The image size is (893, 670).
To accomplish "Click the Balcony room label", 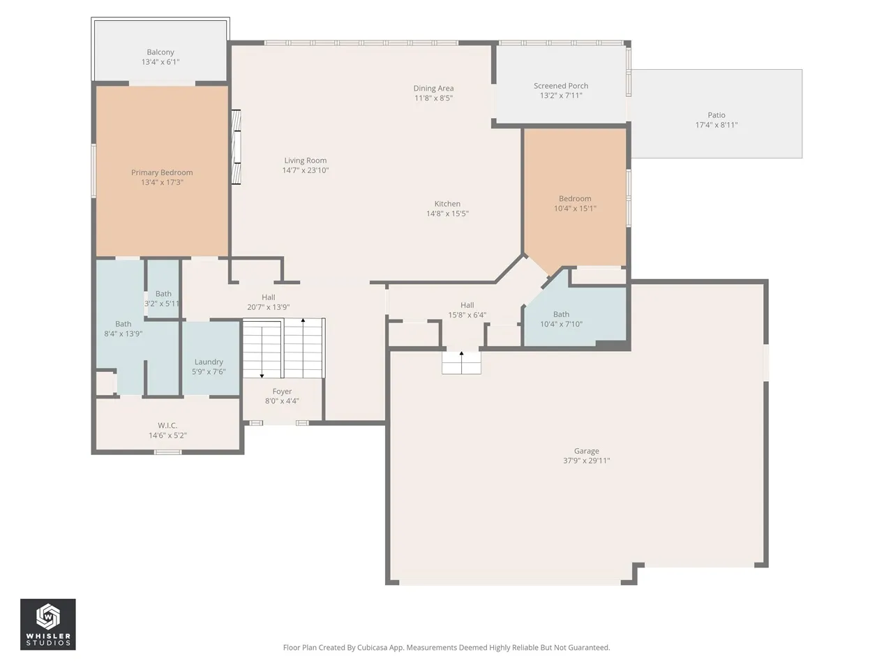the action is point(160,52).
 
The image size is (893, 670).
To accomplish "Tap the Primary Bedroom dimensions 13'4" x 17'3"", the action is point(162,182).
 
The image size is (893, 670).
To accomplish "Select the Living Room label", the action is point(305,161).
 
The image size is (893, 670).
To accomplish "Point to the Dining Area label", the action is point(433,88).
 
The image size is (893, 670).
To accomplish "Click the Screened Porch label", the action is point(561,86).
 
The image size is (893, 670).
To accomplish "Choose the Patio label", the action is point(716,115).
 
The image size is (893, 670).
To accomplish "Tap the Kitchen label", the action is point(447,204).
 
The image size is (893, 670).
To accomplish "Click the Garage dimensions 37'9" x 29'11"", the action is point(586,461).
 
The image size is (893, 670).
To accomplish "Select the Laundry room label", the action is point(209,362).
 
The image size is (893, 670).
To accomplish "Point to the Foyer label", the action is point(282,392).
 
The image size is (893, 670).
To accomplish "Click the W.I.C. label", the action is point(167,426).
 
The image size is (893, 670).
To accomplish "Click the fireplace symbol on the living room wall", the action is point(236,147).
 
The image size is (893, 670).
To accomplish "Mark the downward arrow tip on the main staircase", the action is point(262,377).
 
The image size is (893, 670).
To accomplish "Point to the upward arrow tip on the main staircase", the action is point(303,320).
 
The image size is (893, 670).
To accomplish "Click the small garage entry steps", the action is point(461,363).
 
